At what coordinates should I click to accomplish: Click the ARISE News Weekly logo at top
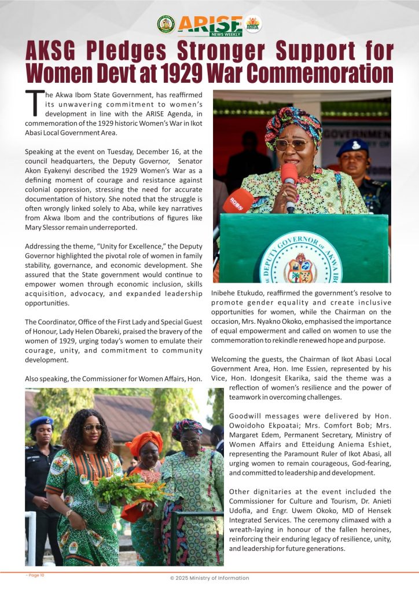pyautogui.click(x=209, y=25)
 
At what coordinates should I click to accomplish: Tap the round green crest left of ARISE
pyautogui.click(x=166, y=24)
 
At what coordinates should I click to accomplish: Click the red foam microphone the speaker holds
pyautogui.click(x=289, y=174)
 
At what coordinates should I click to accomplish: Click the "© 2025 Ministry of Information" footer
pyautogui.click(x=209, y=578)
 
